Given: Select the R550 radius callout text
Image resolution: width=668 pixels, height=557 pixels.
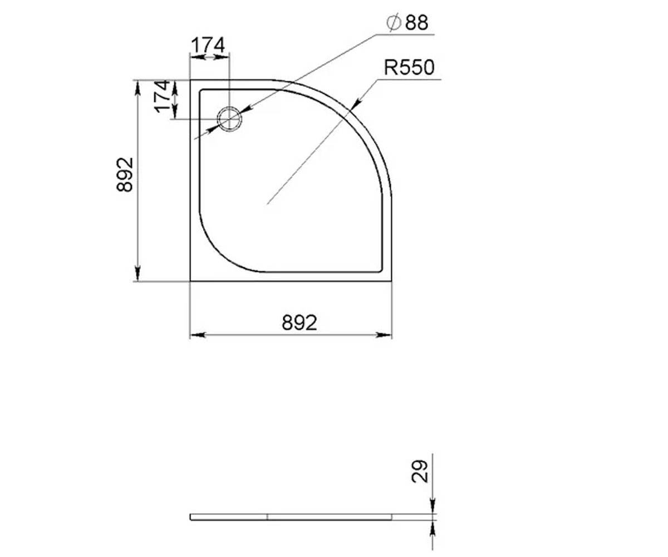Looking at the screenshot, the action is [x=409, y=67].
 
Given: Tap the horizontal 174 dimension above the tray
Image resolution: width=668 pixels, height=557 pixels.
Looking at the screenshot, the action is [x=208, y=45].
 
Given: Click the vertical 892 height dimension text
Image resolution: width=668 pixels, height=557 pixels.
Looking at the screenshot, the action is [x=125, y=174].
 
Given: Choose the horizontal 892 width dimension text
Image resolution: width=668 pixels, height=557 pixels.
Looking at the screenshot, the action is [x=299, y=323].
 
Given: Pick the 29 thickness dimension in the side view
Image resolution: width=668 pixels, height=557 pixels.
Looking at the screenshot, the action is [x=419, y=471].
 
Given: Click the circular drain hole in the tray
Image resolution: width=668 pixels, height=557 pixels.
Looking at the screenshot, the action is [x=229, y=119].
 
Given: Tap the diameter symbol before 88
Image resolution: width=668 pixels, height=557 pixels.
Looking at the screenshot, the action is [x=394, y=23].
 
